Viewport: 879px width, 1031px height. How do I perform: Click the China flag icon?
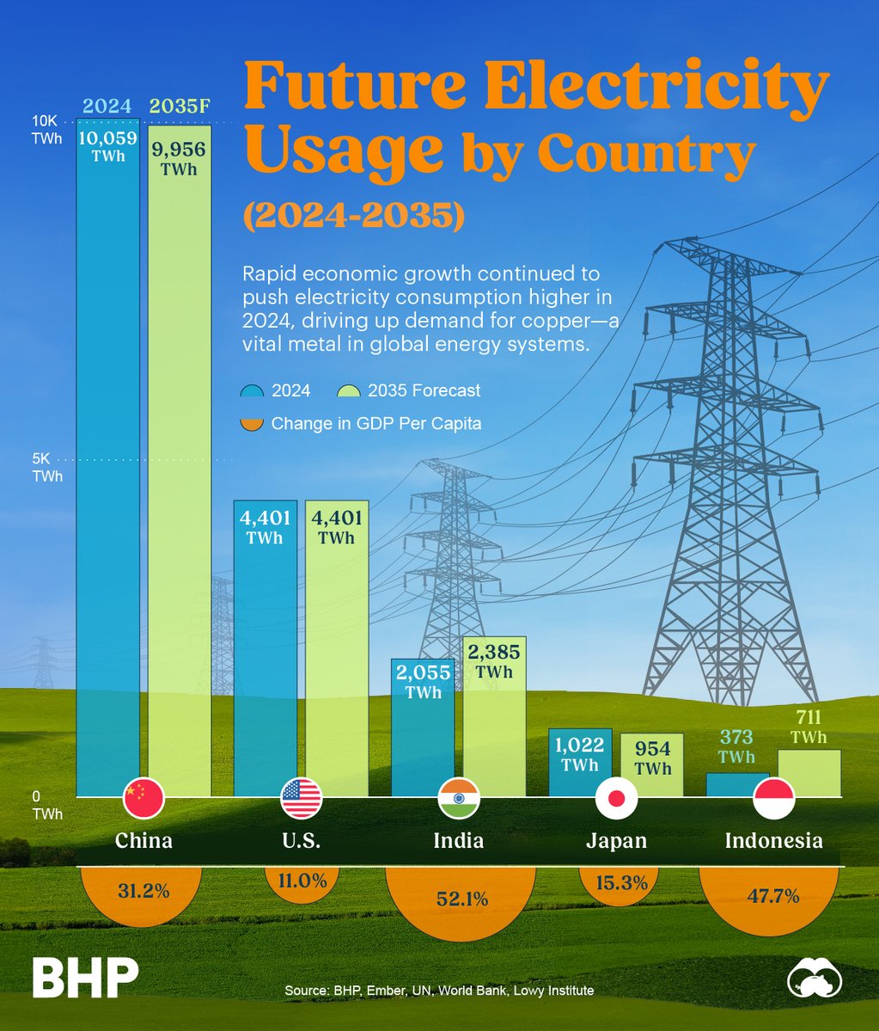point(143,798)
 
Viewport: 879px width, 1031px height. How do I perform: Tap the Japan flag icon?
point(616,799)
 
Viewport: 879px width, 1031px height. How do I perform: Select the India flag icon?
point(459,798)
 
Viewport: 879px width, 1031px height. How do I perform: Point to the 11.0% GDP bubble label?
point(301,881)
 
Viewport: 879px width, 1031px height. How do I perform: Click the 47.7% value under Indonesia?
point(773,895)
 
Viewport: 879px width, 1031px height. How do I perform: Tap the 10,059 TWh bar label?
point(108,145)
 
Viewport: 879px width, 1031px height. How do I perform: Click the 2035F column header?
point(179,107)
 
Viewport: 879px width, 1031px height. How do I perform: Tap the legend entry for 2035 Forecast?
point(408,390)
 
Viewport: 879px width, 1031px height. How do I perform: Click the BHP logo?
point(86,979)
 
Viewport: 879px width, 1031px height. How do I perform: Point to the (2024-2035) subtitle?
point(353,213)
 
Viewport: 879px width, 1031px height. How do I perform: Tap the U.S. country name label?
point(301,840)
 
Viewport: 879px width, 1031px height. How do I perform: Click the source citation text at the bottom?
point(439,991)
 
